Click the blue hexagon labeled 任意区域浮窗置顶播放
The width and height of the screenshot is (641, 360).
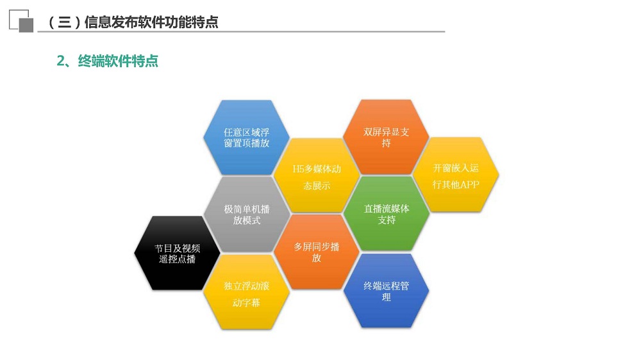coord(247,138)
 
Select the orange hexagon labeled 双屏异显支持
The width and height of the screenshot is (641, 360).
coord(386,137)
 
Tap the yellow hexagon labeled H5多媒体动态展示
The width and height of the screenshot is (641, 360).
coord(317,176)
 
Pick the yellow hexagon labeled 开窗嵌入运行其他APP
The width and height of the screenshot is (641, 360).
coord(456,176)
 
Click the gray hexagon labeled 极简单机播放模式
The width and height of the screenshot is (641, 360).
coord(247,215)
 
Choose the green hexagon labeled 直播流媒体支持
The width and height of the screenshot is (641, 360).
coord(387,214)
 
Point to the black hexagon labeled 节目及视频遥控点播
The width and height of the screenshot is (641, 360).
coord(177,254)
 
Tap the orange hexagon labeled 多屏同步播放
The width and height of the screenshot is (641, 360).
coord(317,252)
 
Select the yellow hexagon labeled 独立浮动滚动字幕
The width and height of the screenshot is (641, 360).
coord(247,292)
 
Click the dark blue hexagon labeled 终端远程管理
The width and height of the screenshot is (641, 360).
coord(387,291)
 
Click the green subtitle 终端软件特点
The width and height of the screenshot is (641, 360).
coord(118,61)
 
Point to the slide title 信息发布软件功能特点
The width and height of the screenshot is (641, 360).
coord(151,22)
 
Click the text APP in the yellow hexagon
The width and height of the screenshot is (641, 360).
coord(468,184)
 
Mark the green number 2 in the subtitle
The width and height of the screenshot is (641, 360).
coord(61,61)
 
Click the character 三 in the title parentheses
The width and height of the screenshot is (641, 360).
coord(65,22)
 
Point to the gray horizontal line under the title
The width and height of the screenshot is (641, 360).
coord(241,31)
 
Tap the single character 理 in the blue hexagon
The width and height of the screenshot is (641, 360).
coord(387,297)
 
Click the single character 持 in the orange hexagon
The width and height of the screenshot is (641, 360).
coord(387,143)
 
